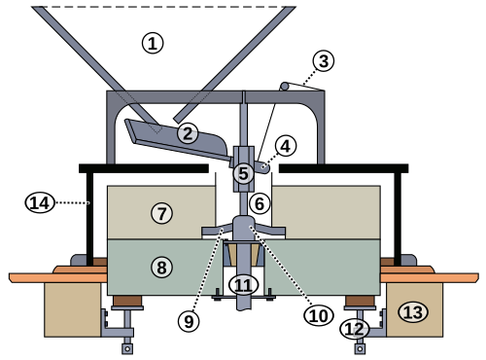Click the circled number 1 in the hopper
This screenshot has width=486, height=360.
[x=153, y=44]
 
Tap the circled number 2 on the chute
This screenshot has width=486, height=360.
[x=188, y=133]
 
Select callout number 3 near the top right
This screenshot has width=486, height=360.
[x=324, y=61]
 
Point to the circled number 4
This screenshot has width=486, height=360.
[x=285, y=146]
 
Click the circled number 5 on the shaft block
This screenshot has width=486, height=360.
[x=243, y=173]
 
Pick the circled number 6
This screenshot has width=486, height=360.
[x=260, y=203]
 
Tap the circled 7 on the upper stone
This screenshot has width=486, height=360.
[x=161, y=213]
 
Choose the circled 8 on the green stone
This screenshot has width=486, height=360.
[x=161, y=268]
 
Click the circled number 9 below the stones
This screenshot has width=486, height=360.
[x=189, y=321]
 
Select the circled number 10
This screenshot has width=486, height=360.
[x=319, y=315]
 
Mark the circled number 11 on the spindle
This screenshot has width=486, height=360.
[x=243, y=285]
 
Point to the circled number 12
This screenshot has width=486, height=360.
[x=355, y=329]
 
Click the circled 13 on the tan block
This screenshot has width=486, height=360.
[x=413, y=312]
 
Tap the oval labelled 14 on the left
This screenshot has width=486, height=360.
[x=40, y=203]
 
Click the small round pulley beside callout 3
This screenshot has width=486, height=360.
[x=285, y=87]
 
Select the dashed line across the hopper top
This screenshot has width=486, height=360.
[x=163, y=6]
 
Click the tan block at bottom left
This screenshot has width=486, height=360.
[x=73, y=309]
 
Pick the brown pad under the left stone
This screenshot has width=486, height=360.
[x=127, y=301]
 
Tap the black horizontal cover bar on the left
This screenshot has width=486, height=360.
[x=144, y=168]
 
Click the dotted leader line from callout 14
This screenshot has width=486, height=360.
[x=73, y=203]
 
